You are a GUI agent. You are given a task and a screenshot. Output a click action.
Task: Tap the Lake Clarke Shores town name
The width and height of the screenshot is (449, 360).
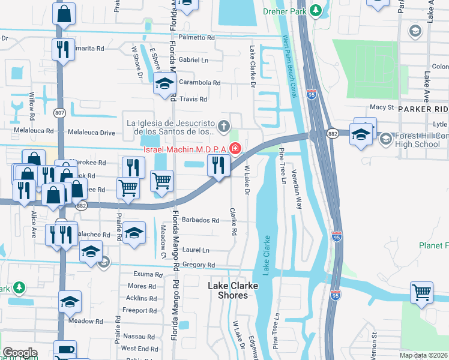(x=232, y=290)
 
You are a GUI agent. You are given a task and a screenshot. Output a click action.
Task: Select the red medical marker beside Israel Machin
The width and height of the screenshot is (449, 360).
(x=235, y=148)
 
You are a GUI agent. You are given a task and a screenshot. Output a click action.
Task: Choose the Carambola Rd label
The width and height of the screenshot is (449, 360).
(x=199, y=83)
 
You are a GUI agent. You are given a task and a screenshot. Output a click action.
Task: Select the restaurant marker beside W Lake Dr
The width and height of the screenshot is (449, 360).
(x=218, y=164)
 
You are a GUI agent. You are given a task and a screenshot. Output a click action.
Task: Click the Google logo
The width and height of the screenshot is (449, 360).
(x=20, y=353)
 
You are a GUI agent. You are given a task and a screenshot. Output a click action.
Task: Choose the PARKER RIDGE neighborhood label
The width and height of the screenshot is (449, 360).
(x=423, y=109)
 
